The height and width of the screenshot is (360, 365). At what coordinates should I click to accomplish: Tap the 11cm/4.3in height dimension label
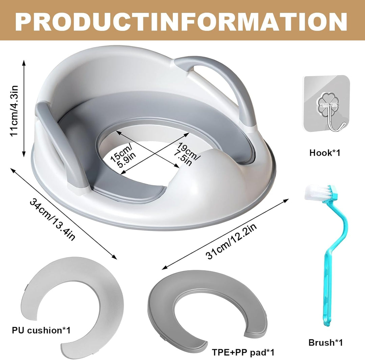pos(14,111)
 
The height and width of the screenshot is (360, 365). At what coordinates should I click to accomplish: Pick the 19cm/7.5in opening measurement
pos(187,154)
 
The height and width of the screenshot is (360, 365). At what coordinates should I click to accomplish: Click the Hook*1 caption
pos(325,153)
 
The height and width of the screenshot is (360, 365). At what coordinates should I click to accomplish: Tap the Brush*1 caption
pos(325,342)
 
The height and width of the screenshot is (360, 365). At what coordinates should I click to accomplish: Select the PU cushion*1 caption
pos(41,330)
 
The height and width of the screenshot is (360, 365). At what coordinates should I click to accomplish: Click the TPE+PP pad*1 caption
pos(243,352)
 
